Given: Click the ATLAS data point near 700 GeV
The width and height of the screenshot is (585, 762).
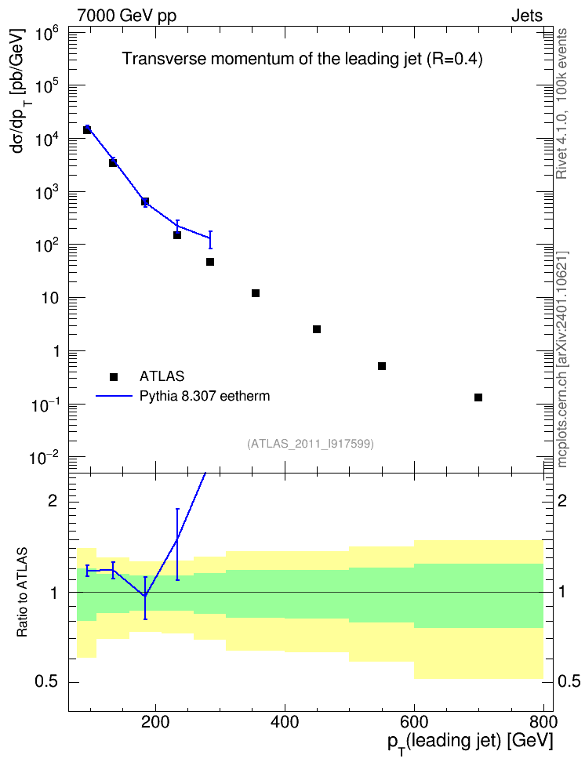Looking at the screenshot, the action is click(478, 397).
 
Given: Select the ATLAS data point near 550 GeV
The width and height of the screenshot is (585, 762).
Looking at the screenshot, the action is click(382, 366).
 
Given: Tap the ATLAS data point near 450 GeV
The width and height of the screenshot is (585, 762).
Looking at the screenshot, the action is click(317, 329).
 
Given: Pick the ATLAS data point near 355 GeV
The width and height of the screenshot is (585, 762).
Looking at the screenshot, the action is click(256, 293).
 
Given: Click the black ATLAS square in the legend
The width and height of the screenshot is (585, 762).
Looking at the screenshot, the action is click(114, 376).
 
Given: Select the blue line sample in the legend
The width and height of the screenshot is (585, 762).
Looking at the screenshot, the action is click(114, 396).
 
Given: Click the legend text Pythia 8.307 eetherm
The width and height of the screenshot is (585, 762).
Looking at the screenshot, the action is click(205, 396).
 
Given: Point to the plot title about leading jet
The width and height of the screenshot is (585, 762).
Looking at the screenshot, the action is click(302, 59).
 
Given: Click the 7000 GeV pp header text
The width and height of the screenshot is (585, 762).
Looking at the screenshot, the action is click(126, 16).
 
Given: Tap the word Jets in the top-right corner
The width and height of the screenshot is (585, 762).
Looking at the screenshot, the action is click(527, 16).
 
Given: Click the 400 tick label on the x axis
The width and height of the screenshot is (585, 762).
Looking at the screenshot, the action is click(285, 721).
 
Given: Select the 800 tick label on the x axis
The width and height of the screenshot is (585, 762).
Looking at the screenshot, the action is click(543, 721).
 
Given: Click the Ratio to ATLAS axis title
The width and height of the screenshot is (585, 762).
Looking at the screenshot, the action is click(22, 593).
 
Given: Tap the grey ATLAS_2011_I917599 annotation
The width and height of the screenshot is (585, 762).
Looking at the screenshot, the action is click(311, 444).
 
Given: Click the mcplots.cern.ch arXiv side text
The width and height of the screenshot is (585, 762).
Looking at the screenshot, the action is click(562, 360).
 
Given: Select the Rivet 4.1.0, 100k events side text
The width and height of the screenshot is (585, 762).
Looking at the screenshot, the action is click(561, 103).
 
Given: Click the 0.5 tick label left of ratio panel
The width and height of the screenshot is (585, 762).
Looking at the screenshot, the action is click(47, 682).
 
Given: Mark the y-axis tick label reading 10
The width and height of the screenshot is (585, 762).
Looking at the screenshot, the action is click(50, 298).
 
